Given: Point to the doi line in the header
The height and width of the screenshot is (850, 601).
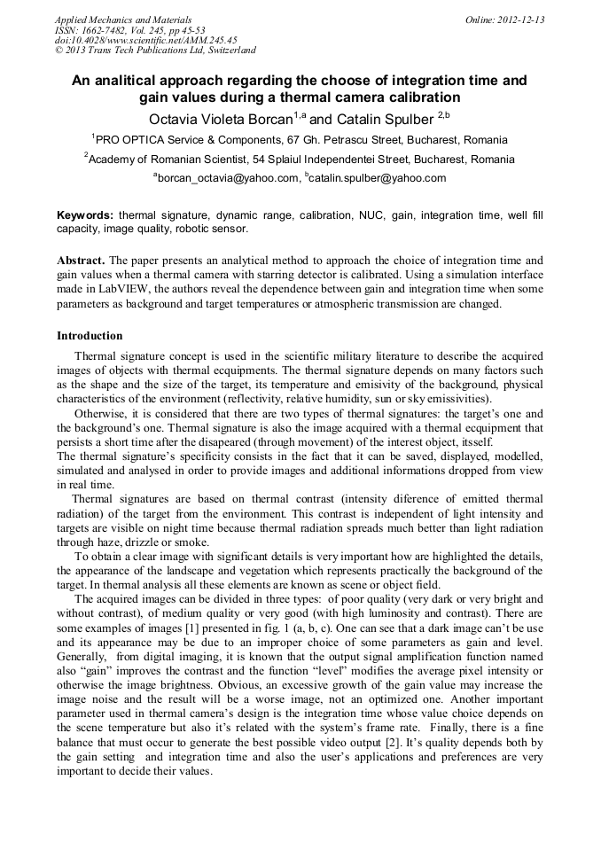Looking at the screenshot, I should click(x=145, y=41).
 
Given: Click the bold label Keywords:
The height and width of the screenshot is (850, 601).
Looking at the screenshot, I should click(x=85, y=215).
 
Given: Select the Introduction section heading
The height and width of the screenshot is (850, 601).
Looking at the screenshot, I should click(x=90, y=336).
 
